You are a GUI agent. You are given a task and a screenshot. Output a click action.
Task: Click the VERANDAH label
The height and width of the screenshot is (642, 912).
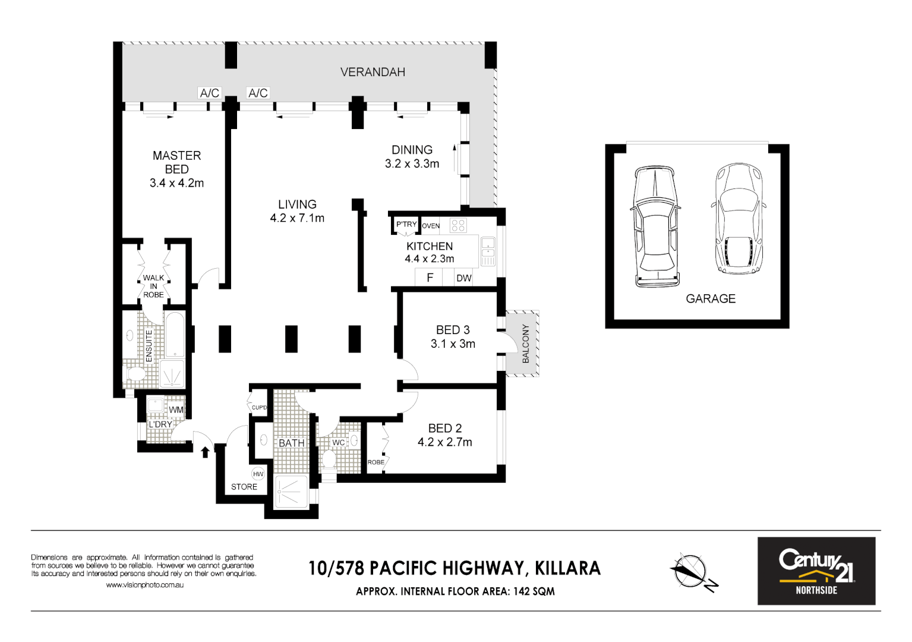[x=373, y=72]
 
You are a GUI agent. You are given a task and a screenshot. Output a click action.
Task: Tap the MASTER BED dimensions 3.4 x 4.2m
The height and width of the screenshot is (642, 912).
[x=176, y=183]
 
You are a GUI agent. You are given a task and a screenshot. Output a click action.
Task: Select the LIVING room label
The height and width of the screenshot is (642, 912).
[x=297, y=204]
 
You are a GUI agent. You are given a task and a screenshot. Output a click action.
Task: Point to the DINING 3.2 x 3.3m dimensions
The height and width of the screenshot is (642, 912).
[x=412, y=163]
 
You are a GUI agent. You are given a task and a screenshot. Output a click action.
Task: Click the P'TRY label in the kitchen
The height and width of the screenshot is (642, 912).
[x=406, y=224]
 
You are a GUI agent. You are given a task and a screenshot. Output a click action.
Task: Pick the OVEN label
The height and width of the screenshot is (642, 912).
[x=431, y=226]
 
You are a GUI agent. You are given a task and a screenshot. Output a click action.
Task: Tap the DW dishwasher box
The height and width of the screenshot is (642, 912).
[x=463, y=278]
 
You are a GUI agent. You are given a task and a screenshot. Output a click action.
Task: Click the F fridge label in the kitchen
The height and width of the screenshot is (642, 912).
[x=430, y=278]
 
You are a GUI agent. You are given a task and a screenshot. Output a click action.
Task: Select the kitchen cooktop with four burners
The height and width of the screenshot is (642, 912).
[x=458, y=225]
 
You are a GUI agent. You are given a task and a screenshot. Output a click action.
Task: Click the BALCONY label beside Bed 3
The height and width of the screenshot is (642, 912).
[x=525, y=344]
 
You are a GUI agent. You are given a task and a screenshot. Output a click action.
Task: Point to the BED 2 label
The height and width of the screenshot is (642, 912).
[x=444, y=428]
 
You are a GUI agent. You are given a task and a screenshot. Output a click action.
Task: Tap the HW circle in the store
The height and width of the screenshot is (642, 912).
[x=258, y=474]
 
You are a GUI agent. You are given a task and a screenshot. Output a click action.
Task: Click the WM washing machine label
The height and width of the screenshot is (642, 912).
[x=176, y=410]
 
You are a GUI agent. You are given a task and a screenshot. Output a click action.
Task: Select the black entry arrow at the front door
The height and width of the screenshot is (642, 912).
[x=205, y=452]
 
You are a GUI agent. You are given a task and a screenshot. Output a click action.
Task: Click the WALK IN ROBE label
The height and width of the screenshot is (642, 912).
[x=153, y=286]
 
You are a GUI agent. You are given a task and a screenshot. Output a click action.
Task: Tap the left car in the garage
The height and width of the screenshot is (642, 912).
[x=655, y=226]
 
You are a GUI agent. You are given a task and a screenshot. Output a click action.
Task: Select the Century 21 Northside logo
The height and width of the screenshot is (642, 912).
[x=816, y=571]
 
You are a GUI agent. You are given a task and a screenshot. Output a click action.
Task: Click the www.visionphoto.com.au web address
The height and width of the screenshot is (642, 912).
[x=144, y=585]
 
